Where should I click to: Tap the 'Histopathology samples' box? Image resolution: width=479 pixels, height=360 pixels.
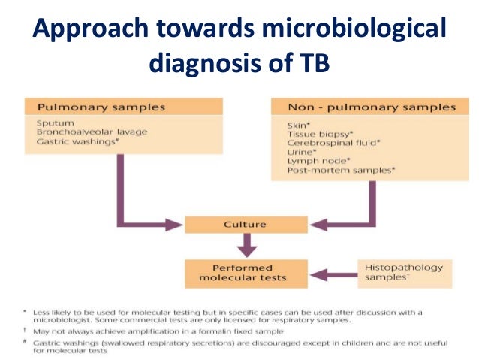click(403, 273)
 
